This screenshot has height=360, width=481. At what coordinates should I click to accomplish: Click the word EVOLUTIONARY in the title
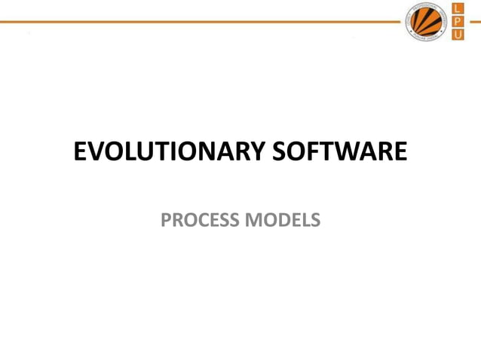coord(169,152)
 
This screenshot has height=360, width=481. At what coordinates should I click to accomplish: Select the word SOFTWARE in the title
coord(339,152)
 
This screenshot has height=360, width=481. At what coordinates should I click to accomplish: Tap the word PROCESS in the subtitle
coord(200,220)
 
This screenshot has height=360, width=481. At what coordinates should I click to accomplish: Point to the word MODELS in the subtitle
coord(282,220)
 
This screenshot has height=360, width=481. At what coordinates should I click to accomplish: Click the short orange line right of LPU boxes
coord(475,22)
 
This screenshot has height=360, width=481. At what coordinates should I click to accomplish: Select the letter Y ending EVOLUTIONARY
coord(258,152)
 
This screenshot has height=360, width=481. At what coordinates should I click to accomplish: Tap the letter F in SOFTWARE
coord(306,152)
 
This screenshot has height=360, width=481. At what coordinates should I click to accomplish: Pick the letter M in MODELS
coord(252,220)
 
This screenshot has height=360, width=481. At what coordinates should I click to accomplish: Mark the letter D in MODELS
coord(282,220)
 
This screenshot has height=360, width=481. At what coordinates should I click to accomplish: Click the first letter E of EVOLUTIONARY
coord(81,152)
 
